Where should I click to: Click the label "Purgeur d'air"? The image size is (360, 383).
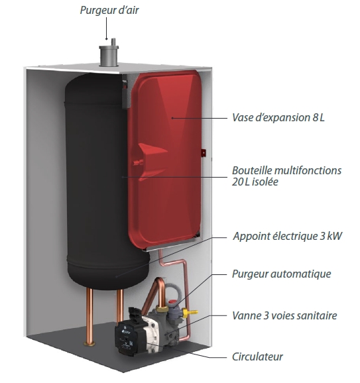(x=109, y=11)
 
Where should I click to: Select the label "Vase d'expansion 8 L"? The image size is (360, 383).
(x=278, y=117)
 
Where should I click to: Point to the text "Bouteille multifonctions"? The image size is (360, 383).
(x=286, y=170)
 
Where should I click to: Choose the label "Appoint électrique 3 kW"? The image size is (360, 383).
(x=288, y=236)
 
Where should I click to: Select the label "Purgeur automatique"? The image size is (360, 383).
(x=282, y=274)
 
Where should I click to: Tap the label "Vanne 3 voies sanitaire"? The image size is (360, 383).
(x=284, y=315)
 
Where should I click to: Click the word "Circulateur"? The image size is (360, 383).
(x=257, y=357)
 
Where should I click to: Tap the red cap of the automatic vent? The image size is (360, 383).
(x=173, y=302)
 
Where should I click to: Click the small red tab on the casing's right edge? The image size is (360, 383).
(x=203, y=153)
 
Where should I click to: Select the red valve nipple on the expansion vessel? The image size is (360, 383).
(x=137, y=162)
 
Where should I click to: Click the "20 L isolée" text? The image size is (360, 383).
(x=255, y=182)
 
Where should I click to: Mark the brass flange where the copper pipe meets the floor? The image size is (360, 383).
(x=90, y=344)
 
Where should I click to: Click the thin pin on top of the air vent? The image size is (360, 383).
(x=113, y=42)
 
